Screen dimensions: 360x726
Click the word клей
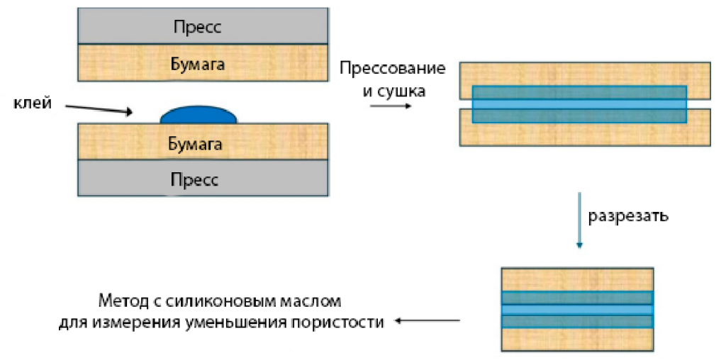click(x=33, y=103)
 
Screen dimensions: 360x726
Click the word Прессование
click(x=392, y=69)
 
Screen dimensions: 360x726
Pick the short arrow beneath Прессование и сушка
click(x=390, y=106)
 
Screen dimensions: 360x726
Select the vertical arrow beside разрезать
click(x=579, y=220)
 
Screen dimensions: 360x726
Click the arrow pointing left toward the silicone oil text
click(x=428, y=321)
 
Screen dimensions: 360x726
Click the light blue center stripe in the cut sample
click(x=576, y=310)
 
